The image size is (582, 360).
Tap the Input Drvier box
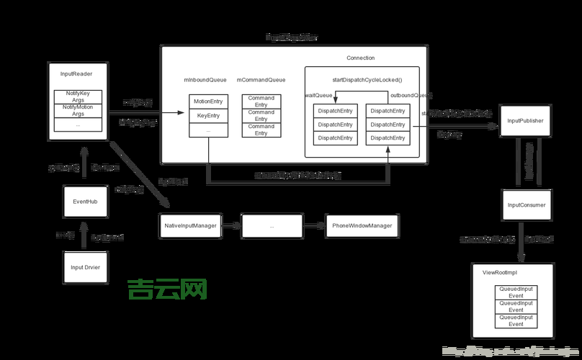pyautogui.click(x=85, y=266)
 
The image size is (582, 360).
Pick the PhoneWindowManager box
pyautogui.click(x=362, y=226)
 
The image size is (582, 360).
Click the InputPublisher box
pyautogui.click(x=525, y=120)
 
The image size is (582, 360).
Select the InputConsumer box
pyautogui.click(x=527, y=205)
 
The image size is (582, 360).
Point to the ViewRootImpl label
pyautogui.click(x=500, y=274)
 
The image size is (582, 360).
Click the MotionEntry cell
pyautogui.click(x=208, y=102)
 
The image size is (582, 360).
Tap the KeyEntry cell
pyautogui.click(x=208, y=116)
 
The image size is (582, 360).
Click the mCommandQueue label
pyautogui.click(x=261, y=80)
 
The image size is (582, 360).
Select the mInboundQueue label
pyautogui.click(x=206, y=80)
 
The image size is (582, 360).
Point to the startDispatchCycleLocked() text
pyautogui.click(x=367, y=79)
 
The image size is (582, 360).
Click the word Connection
pyautogui.click(x=360, y=58)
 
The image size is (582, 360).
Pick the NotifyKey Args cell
pyautogui.click(x=78, y=96)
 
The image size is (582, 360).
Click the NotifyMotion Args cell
pyautogui.click(x=78, y=110)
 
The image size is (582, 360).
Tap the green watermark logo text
pyautogui.click(x=168, y=289)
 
